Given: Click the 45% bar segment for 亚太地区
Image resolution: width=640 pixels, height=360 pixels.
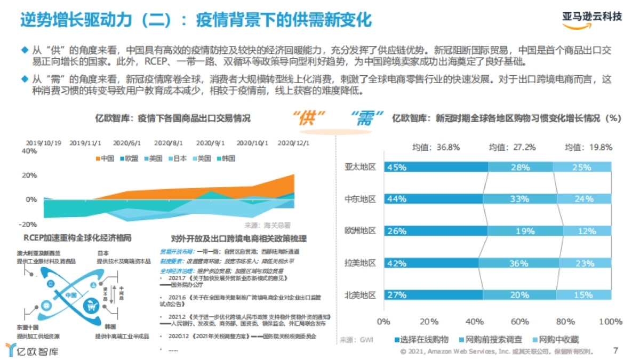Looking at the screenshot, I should pos(435,167).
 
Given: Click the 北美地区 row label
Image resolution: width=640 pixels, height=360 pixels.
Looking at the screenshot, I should pos(360,295).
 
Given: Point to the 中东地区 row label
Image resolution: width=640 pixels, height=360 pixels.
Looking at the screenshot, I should pos(360,199).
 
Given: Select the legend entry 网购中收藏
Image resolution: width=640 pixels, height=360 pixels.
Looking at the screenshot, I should pos(557,340).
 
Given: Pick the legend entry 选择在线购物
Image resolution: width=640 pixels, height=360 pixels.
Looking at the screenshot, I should pos(424,340).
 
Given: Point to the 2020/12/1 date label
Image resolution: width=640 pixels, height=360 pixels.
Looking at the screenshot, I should pos(293,143).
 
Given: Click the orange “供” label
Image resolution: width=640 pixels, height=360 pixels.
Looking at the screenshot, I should pos(310,119).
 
